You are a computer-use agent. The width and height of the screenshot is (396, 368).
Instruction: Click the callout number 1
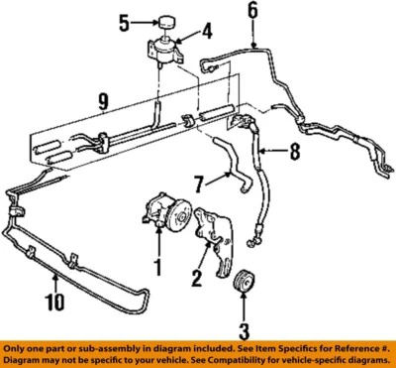click(x=155, y=267)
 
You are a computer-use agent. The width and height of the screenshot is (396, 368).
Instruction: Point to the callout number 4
click(x=207, y=31)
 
